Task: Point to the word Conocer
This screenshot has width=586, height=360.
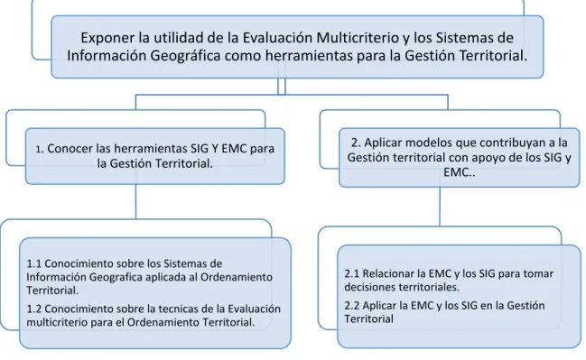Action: click(70, 148)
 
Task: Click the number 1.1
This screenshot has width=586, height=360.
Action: click(33, 263)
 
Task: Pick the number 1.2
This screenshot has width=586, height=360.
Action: click(34, 309)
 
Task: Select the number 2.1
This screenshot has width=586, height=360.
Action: click(351, 273)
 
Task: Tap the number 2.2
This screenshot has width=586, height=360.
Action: click(352, 306)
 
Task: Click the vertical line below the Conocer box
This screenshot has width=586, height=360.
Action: click(135, 202)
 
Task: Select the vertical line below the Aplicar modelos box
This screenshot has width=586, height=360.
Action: click(440, 207)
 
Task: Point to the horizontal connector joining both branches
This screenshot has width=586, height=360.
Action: click(292, 95)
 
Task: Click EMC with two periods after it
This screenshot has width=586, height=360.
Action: click(460, 172)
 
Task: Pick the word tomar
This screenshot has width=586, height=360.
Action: click(538, 273)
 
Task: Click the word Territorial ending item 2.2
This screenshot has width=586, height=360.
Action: click(369, 318)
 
